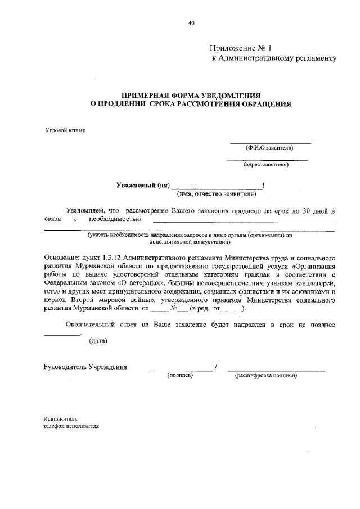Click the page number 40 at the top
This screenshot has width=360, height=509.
pos(191,23)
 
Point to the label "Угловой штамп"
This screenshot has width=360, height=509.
pos(66,130)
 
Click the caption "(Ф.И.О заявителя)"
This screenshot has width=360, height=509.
pos(269,148)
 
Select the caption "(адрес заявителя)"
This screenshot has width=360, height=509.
pos(266,165)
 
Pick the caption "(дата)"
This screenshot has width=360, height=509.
pos(99,341)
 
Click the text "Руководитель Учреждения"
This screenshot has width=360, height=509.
pos(85,367)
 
